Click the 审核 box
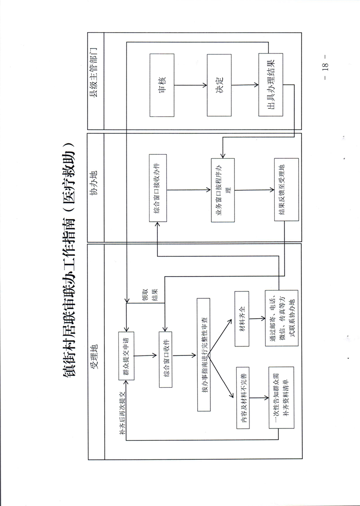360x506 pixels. point(162,85)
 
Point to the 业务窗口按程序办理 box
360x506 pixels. point(223,190)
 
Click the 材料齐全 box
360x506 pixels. point(242,319)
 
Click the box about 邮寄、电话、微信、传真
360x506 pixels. point(281,319)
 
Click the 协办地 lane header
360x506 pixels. point(95,188)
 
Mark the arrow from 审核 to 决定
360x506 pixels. point(190,85)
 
